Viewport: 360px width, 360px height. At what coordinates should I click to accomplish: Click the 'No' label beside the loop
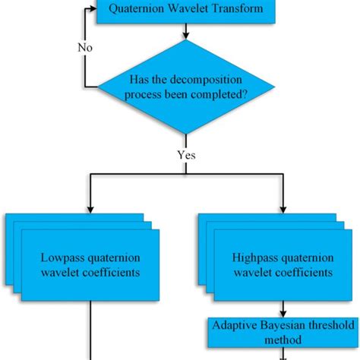(86, 47)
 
